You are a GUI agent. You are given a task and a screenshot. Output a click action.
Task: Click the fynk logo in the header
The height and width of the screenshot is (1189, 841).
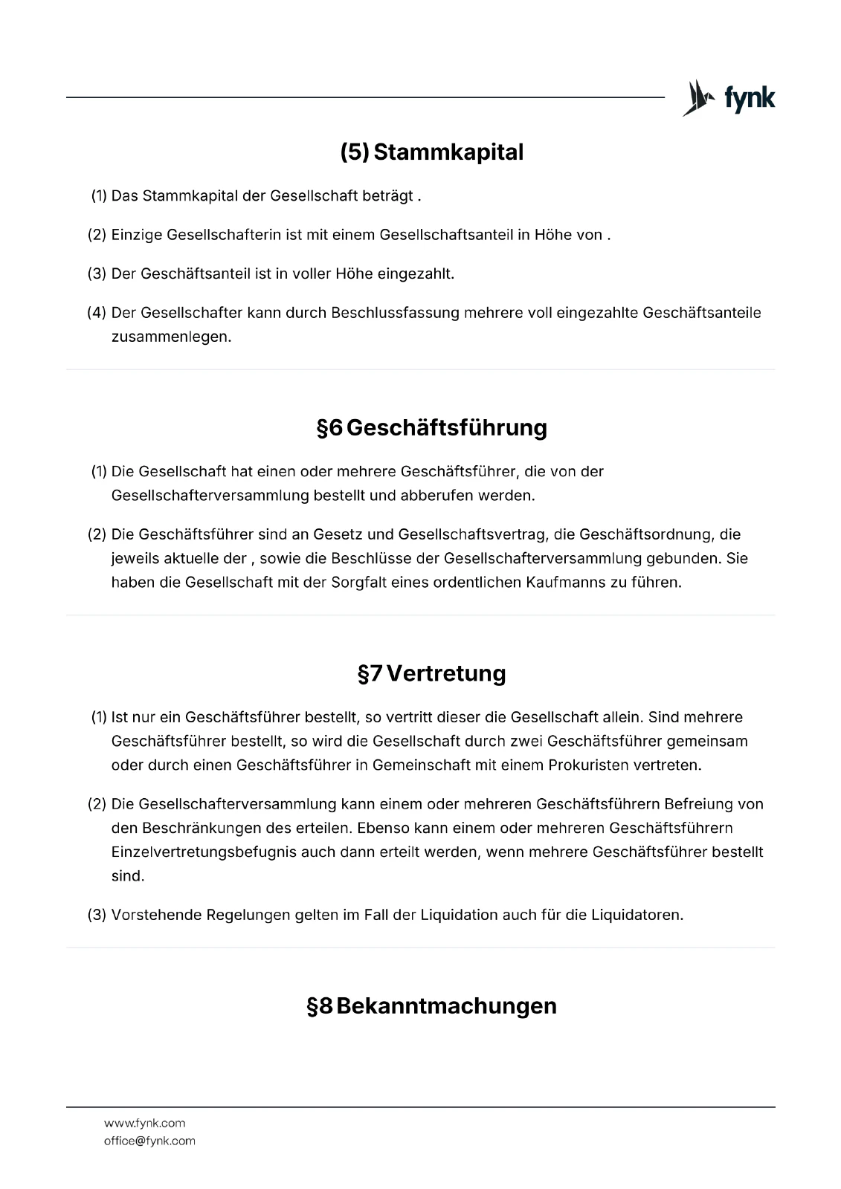click(729, 98)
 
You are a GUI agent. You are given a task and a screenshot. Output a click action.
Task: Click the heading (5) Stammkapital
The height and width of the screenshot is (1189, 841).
click(431, 152)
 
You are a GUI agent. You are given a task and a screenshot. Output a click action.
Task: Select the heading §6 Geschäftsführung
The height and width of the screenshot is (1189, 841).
click(431, 428)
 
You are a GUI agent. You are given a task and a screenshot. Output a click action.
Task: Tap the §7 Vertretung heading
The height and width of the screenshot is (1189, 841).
click(431, 674)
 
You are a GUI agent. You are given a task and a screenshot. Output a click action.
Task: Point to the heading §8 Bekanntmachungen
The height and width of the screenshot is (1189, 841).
click(431, 1006)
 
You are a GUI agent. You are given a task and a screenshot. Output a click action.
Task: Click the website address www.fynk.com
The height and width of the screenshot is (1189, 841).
click(144, 1123)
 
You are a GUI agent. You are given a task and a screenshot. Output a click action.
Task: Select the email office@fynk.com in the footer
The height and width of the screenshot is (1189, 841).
click(149, 1141)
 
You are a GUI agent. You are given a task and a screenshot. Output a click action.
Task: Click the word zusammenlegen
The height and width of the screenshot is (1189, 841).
click(171, 337)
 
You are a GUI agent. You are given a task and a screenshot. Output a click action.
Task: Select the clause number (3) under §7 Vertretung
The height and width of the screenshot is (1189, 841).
click(97, 915)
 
